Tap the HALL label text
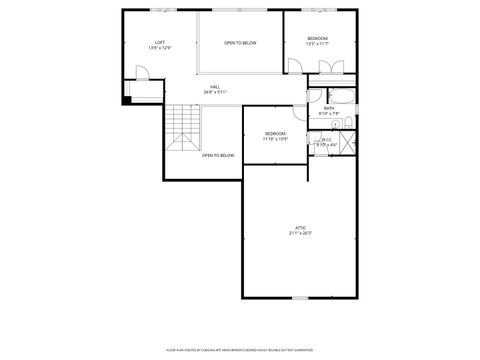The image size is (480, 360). pos(215,87)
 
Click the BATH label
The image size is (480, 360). pos(329,108)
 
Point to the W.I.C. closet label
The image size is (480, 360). pos(327,140)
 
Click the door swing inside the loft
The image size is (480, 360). pos(142,72)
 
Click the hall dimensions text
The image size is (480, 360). pos(215,92)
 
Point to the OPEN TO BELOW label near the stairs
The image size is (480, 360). pos(218,155)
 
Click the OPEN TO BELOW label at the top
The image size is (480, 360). pos(240,43)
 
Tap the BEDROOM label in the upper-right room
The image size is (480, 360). pos(317,38)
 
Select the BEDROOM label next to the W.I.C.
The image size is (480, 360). pos(275,133)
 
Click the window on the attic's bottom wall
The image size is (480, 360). pos(300,297)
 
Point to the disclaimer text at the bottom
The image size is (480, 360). pos(240,350)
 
